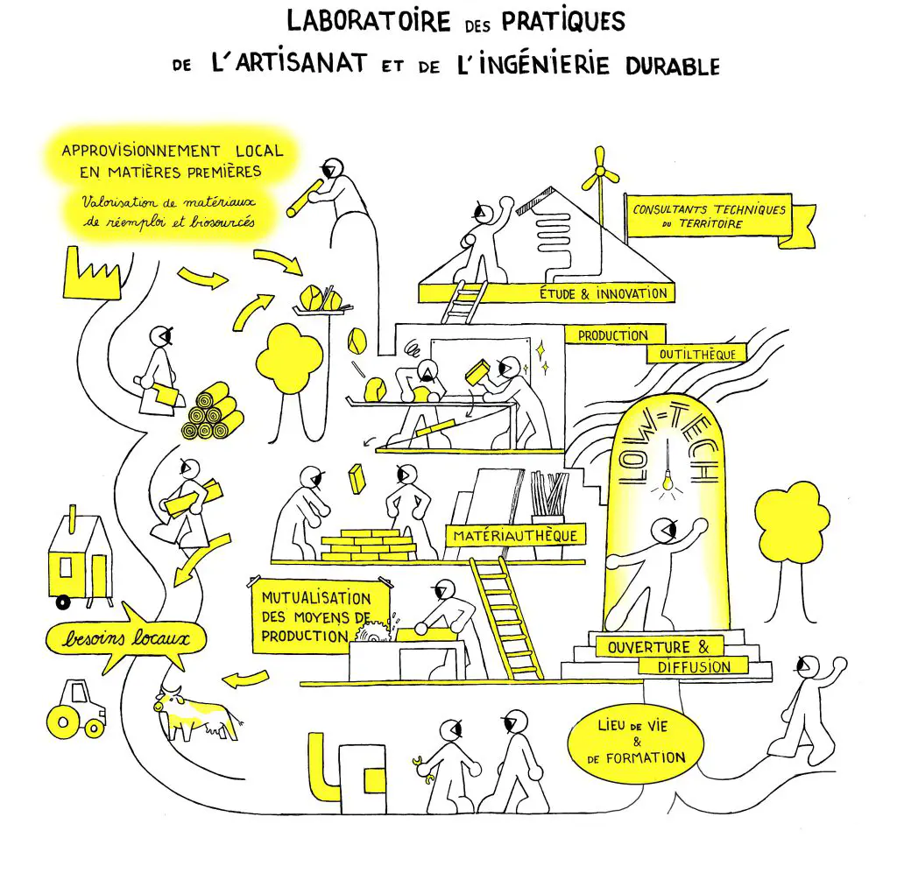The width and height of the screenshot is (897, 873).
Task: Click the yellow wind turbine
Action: [x=599, y=172]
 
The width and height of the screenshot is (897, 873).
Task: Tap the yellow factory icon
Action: [x=91, y=278]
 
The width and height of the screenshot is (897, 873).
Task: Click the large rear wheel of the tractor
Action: [x=63, y=722]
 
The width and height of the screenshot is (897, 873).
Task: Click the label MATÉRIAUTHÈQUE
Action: [x=515, y=536]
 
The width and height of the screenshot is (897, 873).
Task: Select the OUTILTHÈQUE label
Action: [x=696, y=354]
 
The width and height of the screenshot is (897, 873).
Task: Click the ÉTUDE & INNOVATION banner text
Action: [x=604, y=293]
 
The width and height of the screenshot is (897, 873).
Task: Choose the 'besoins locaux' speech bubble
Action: [x=126, y=638]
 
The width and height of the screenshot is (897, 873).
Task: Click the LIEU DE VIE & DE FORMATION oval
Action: [x=636, y=743]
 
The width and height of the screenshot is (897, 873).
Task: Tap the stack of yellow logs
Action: [x=213, y=412]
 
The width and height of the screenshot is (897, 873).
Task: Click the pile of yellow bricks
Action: [x=369, y=545]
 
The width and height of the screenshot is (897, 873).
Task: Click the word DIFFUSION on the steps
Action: [x=694, y=666]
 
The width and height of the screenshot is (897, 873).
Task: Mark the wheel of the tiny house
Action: [x=62, y=602]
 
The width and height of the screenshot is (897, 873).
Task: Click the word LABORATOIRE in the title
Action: [x=369, y=22]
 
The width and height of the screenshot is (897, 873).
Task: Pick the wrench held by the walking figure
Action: [x=423, y=769]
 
